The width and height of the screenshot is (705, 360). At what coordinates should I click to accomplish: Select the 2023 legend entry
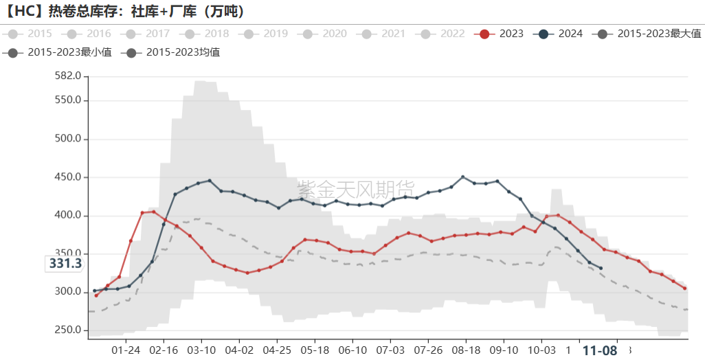pyautogui.click(x=502, y=34)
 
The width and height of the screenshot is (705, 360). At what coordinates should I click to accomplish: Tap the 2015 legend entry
pyautogui.click(x=30, y=34)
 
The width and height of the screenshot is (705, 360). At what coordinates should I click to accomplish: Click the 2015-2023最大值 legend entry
pyautogui.click(x=650, y=34)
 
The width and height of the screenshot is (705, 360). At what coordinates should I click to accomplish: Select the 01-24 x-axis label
pyautogui.click(x=124, y=348)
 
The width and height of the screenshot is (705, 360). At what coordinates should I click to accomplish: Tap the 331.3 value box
pyautogui.click(x=65, y=264)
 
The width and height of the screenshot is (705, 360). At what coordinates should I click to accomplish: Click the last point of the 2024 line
pyautogui.click(x=601, y=268)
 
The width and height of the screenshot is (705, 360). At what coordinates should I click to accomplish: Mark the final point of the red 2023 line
pyautogui.click(x=684, y=289)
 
